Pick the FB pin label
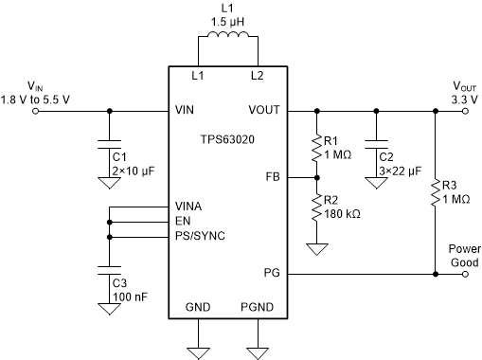[272, 176]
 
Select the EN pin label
[184, 221]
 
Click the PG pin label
[272, 273]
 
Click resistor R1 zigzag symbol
[315, 149]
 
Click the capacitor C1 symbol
[111, 148]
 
